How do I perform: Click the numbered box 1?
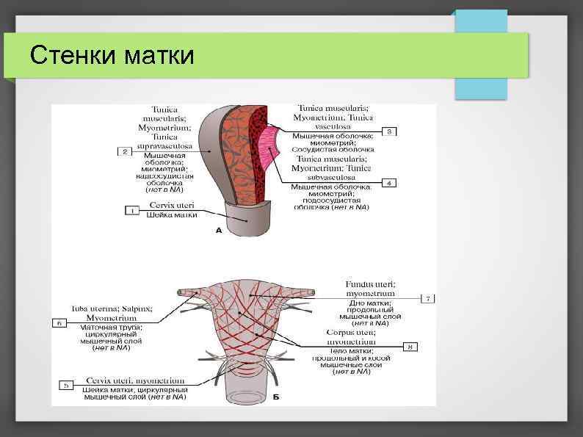coord(132,210)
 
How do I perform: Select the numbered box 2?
coord(125,151)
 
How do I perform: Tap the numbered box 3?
coord(390,131)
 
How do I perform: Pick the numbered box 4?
coord(390,182)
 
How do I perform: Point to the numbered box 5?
coord(66,383)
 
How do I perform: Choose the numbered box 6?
coord(60,322)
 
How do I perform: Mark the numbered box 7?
coord(430,298)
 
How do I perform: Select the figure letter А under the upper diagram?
coord(218,231)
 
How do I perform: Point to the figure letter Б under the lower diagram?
coord(276,397)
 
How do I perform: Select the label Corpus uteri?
coord(350,332)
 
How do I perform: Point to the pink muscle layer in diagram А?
coord(267,151)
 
